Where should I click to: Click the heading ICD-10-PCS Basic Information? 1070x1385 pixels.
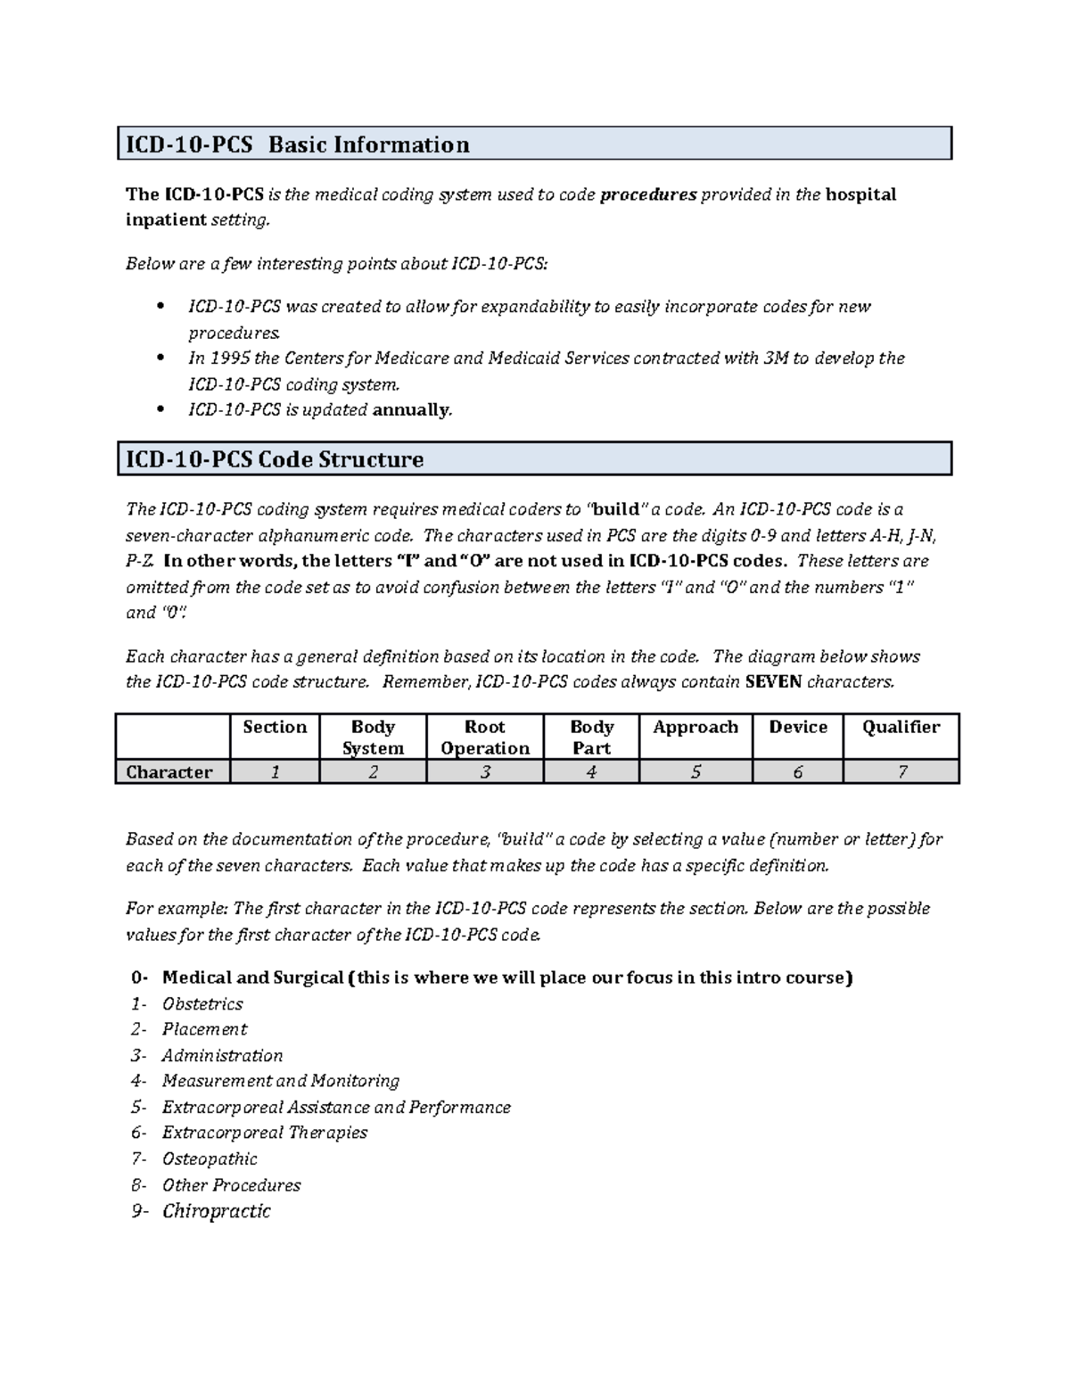[x=297, y=144]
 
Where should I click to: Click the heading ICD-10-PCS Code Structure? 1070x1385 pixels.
[x=275, y=459]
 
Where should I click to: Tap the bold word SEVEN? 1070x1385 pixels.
[x=773, y=682]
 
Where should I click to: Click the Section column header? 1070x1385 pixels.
[x=275, y=728]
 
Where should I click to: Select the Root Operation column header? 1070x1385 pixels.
[x=485, y=738]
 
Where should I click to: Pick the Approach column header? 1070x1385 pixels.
[x=695, y=728]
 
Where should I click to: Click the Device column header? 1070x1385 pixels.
[x=798, y=728]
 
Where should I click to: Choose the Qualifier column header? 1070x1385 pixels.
[x=901, y=728]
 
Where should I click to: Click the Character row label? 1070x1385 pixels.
[x=169, y=772]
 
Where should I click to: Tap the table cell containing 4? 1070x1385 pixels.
[x=591, y=772]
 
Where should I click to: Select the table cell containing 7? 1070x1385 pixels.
[x=901, y=772]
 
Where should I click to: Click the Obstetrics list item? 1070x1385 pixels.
[x=202, y=1004]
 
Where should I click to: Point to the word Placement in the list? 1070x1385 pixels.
[x=204, y=1029]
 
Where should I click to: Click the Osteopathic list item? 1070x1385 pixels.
[x=210, y=1159]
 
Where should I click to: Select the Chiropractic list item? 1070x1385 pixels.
[x=217, y=1211]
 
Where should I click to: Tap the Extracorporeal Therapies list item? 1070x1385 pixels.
[x=265, y=1133]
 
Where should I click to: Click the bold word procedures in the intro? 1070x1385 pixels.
[x=648, y=194]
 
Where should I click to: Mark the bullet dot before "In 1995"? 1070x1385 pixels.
[x=160, y=359]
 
